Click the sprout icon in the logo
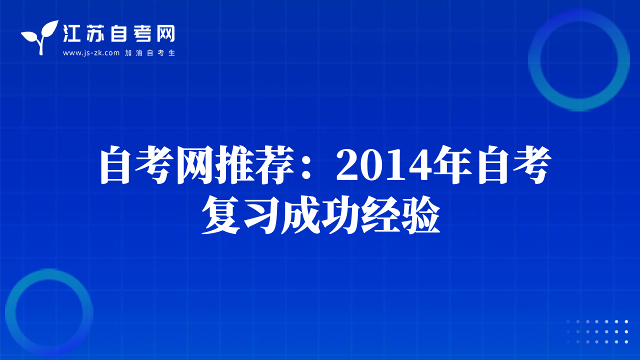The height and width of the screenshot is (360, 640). [40, 37]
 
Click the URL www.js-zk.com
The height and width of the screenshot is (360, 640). [91, 53]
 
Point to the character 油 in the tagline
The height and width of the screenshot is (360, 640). [139, 53]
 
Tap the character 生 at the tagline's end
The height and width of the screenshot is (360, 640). [171, 53]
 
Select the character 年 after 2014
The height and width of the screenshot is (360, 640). [452, 165]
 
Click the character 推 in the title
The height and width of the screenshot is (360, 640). [235, 165]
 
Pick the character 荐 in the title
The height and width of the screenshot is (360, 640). [274, 165]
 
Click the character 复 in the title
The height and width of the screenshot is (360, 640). [221, 215]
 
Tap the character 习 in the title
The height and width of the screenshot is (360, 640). [260, 215]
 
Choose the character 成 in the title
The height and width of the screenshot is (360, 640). [300, 215]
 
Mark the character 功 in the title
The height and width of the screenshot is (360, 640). [340, 215]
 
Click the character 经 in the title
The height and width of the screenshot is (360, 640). [379, 215]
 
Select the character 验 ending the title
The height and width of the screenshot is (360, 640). [419, 215]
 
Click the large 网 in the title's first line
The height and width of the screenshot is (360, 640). [196, 165]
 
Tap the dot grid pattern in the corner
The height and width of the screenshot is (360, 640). [597, 331]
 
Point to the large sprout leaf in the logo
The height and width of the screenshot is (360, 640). [51, 28]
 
